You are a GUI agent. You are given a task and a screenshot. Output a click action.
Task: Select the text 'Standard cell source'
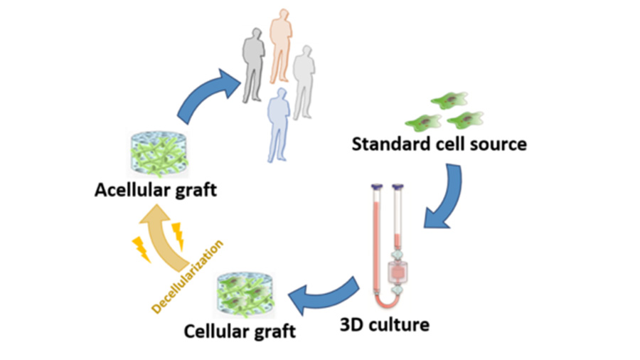(439, 144)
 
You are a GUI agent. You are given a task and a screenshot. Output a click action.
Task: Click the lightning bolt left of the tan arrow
(139, 248)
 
